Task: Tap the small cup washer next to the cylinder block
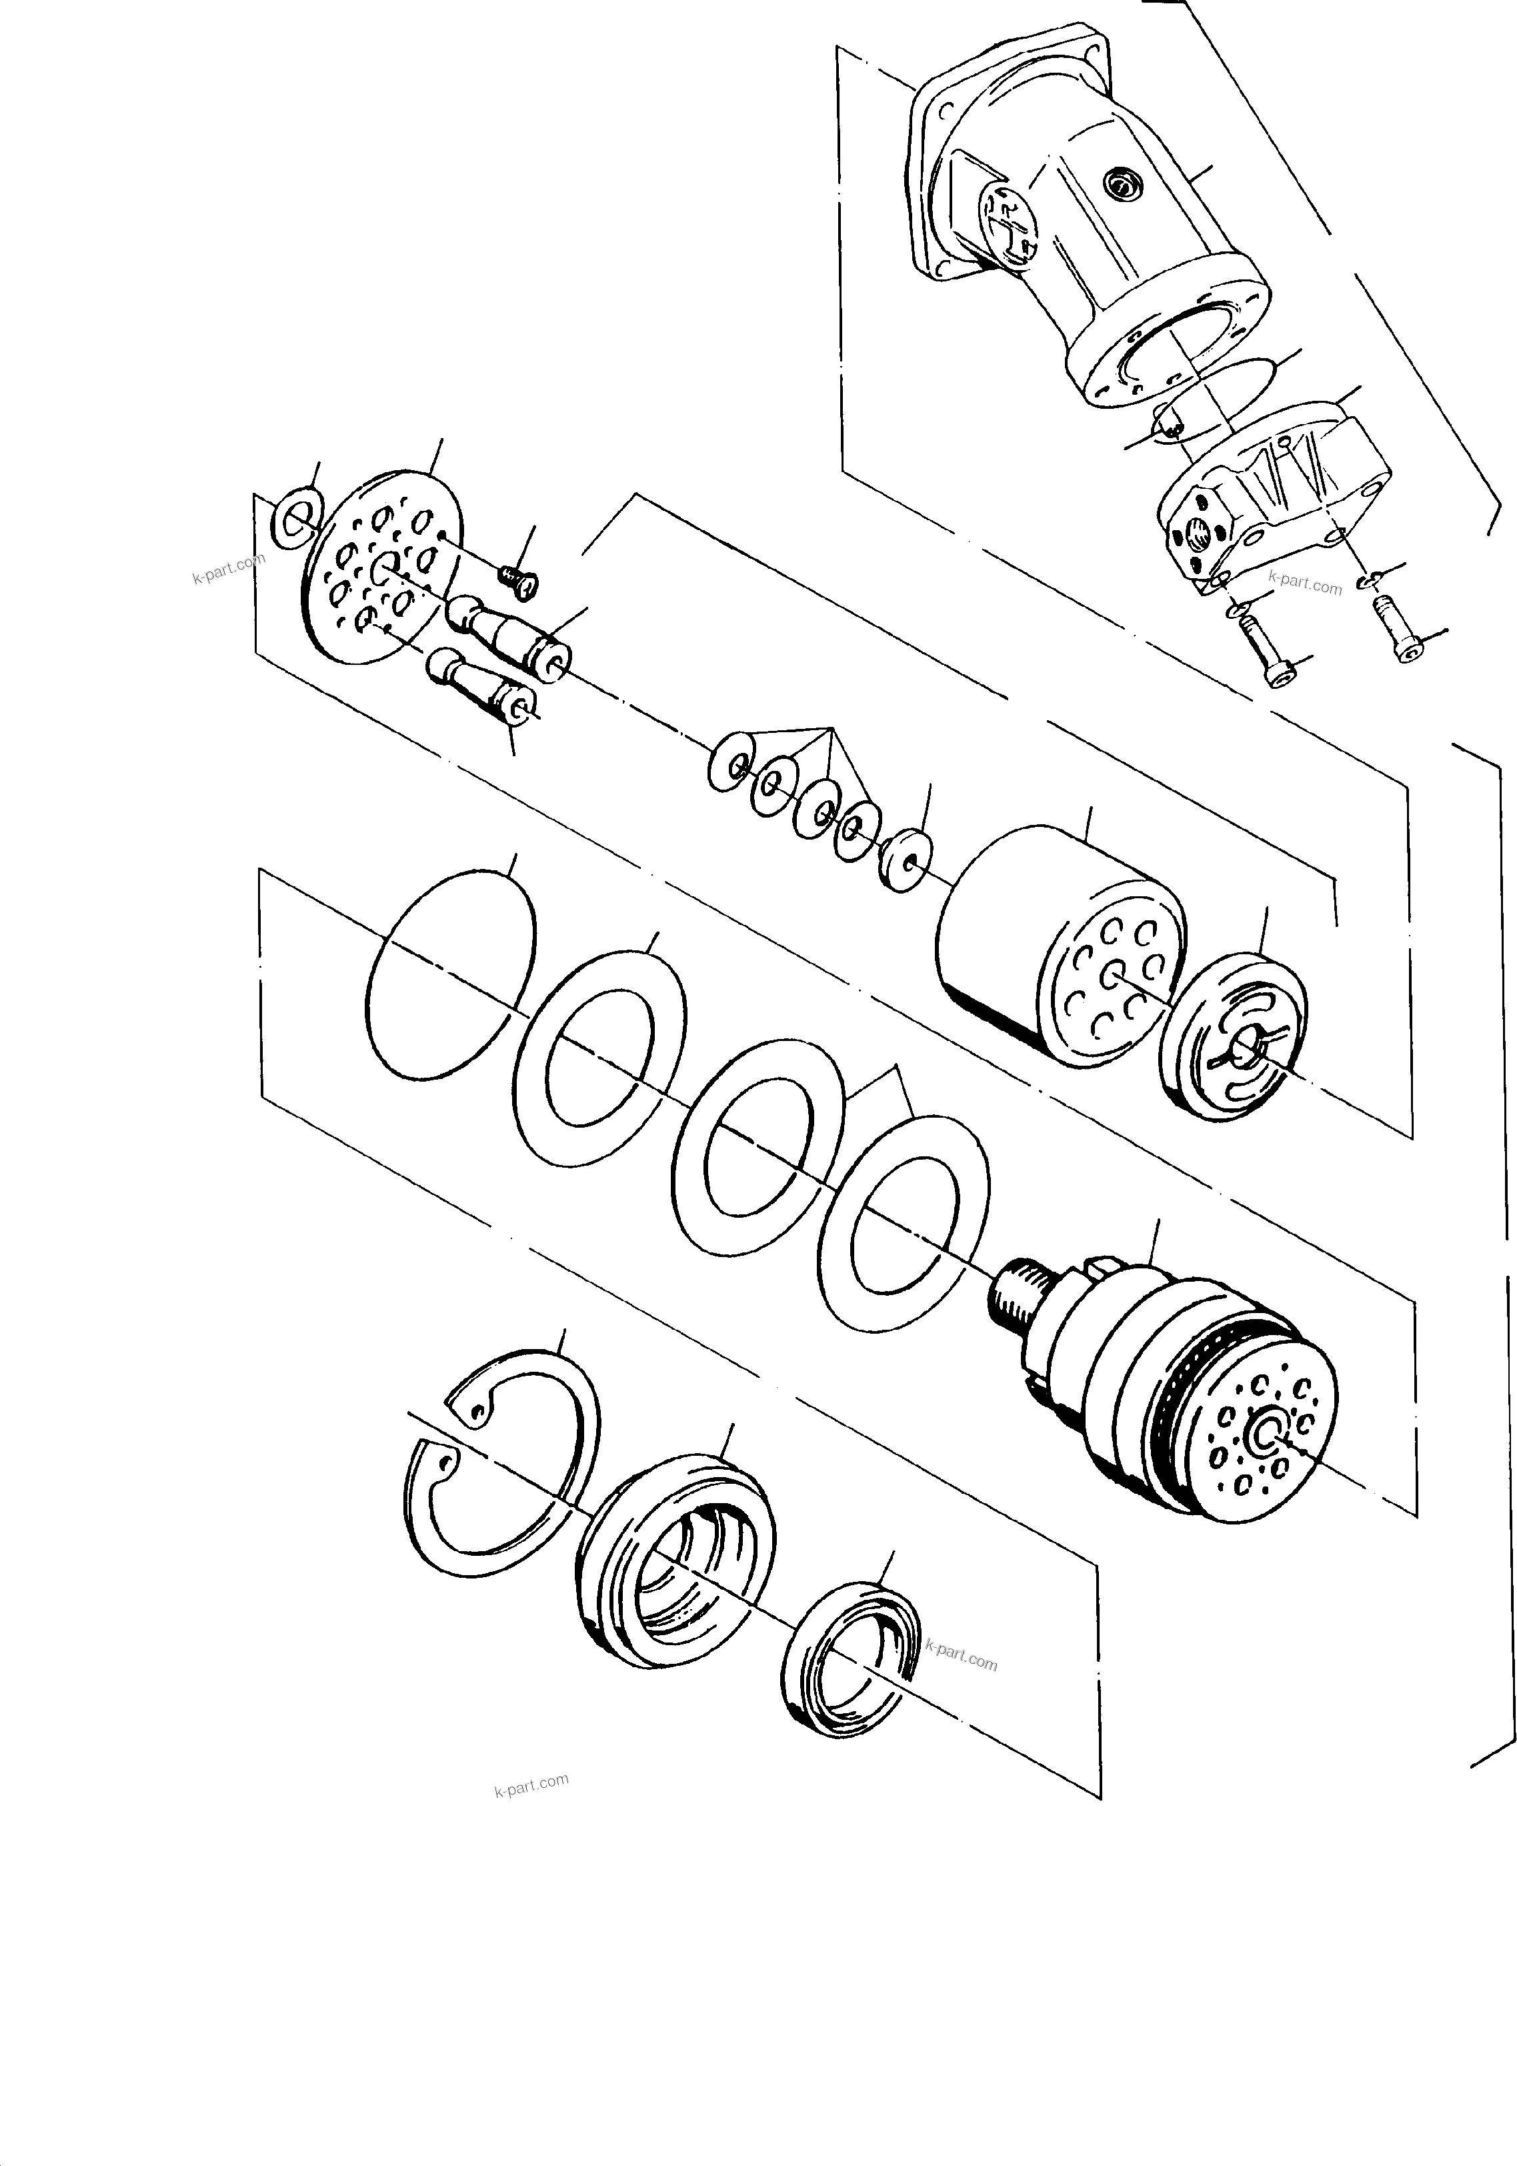click(x=903, y=858)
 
